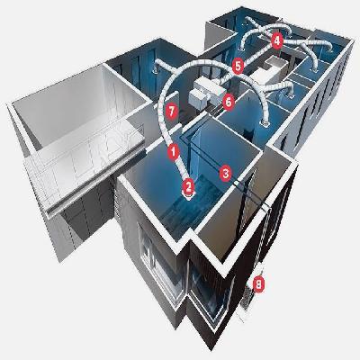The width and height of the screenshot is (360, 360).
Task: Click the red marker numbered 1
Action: click(x=172, y=152)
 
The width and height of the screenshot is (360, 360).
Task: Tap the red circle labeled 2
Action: click(x=188, y=186)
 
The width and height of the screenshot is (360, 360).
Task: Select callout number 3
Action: click(x=226, y=169)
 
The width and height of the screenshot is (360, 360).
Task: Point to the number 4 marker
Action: click(x=277, y=40)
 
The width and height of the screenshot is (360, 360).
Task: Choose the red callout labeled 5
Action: click(x=237, y=65)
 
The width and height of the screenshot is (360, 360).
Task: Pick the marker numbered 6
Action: click(x=229, y=101)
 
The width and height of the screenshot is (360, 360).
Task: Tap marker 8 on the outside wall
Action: click(x=259, y=285)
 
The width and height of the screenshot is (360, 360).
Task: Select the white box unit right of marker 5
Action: click(x=268, y=67)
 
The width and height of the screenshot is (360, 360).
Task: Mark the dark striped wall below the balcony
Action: click(x=72, y=225)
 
